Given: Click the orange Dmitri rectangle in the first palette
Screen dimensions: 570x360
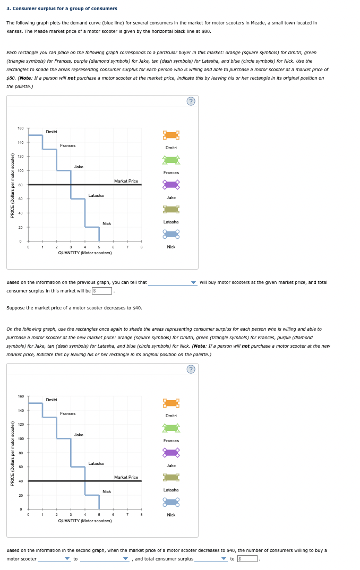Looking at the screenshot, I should [x=171, y=135].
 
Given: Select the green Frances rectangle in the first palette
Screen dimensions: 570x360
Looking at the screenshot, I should [x=171, y=160].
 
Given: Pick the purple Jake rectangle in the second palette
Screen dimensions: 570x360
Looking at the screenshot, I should [x=171, y=453].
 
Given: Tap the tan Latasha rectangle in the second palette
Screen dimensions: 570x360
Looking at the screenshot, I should [x=171, y=477].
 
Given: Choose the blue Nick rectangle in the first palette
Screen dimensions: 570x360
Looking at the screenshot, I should [x=171, y=234].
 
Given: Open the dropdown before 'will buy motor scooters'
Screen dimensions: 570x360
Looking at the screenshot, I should [x=172, y=282].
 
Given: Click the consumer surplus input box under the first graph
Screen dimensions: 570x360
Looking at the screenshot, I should [x=102, y=290].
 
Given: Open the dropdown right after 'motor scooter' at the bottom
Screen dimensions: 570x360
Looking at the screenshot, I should [x=54, y=558].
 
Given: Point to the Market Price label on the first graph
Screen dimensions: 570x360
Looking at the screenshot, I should [x=126, y=181].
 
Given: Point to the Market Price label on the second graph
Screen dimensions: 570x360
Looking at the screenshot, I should [x=126, y=477].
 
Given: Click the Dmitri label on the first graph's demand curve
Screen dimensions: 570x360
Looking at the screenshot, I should [x=52, y=132].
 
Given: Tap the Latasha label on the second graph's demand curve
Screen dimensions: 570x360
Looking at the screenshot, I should [x=96, y=463].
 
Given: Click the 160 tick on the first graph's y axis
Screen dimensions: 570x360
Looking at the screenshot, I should [x=20, y=128].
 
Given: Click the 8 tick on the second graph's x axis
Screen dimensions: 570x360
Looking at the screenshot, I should [x=141, y=514].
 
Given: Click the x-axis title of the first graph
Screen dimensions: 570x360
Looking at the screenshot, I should [x=85, y=253].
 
